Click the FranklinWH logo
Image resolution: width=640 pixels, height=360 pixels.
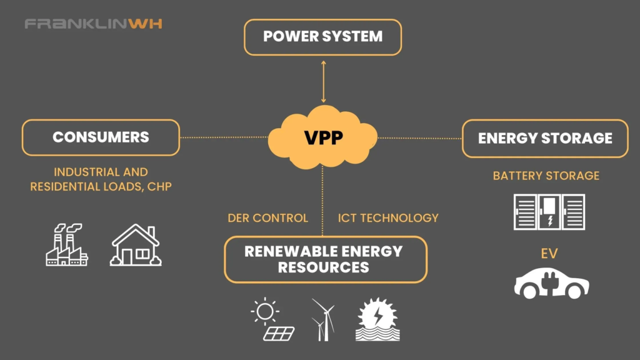(94, 24)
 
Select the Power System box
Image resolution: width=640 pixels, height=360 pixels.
(323, 37)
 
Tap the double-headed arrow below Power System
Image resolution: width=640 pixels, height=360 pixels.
(323, 82)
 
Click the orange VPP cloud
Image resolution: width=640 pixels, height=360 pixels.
(322, 137)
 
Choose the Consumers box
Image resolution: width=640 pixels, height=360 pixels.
(101, 137)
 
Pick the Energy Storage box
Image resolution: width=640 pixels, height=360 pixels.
(545, 138)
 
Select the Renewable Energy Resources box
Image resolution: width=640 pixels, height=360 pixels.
(326, 259)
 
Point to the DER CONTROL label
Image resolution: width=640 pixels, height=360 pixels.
(267, 218)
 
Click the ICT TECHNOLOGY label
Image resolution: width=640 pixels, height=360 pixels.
(388, 218)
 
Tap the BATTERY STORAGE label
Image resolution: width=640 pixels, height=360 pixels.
(546, 176)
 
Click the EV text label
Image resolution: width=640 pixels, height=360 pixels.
(549, 254)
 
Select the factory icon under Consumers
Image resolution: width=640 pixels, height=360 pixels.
(66, 244)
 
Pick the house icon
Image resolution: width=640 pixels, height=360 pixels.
(136, 245)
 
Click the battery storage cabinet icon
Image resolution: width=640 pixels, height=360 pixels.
(549, 212)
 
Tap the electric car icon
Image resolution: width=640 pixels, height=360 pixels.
(551, 283)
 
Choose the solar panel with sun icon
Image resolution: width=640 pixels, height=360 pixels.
(272, 319)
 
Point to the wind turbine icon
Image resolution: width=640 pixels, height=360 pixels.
(323, 319)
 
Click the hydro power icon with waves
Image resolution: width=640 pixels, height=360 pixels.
(377, 319)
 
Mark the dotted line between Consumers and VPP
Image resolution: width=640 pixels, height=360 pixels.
(224, 137)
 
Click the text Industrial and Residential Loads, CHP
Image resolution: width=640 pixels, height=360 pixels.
(101, 179)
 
